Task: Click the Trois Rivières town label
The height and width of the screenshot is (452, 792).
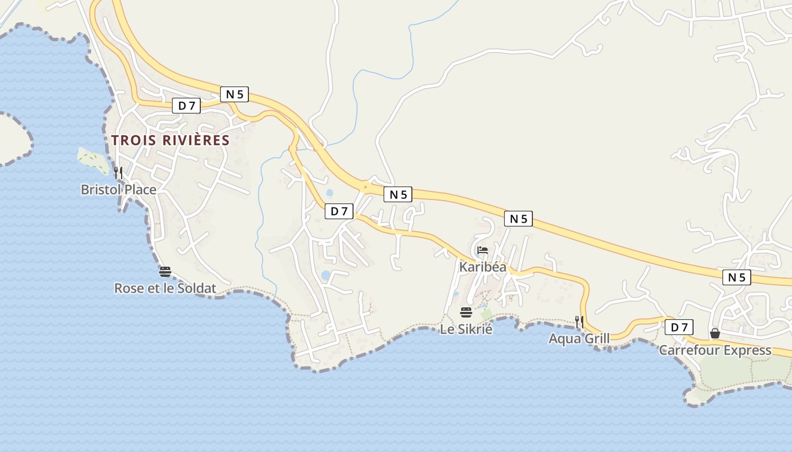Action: click(x=170, y=140)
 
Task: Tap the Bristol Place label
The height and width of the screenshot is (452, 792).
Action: click(x=118, y=189)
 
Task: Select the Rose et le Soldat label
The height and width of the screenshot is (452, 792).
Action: click(x=165, y=288)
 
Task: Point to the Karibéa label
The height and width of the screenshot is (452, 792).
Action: click(x=483, y=267)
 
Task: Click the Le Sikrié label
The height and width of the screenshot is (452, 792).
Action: click(x=466, y=329)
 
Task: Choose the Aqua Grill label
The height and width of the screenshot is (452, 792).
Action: click(x=579, y=338)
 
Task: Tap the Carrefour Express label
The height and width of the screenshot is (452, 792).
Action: click(x=715, y=350)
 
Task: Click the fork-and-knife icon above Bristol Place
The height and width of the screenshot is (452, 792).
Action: click(x=118, y=172)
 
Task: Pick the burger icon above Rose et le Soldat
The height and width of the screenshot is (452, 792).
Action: click(x=165, y=272)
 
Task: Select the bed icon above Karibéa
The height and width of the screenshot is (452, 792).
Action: click(x=483, y=250)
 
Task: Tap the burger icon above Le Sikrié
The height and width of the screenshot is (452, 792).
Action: click(x=466, y=312)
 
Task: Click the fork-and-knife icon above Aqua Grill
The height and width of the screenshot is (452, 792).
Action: click(x=579, y=322)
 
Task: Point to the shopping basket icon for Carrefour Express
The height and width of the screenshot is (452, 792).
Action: click(x=715, y=333)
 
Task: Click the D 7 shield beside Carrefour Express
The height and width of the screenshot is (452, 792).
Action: click(x=679, y=327)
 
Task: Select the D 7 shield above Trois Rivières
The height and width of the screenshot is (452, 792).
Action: click(x=186, y=106)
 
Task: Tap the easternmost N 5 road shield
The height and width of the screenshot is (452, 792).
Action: click(x=737, y=277)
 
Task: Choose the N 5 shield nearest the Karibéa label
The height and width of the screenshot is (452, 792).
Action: click(x=518, y=219)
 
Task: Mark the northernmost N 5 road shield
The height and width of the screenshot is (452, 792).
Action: click(x=234, y=94)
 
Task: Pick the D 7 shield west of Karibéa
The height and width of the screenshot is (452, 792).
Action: click(x=339, y=211)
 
